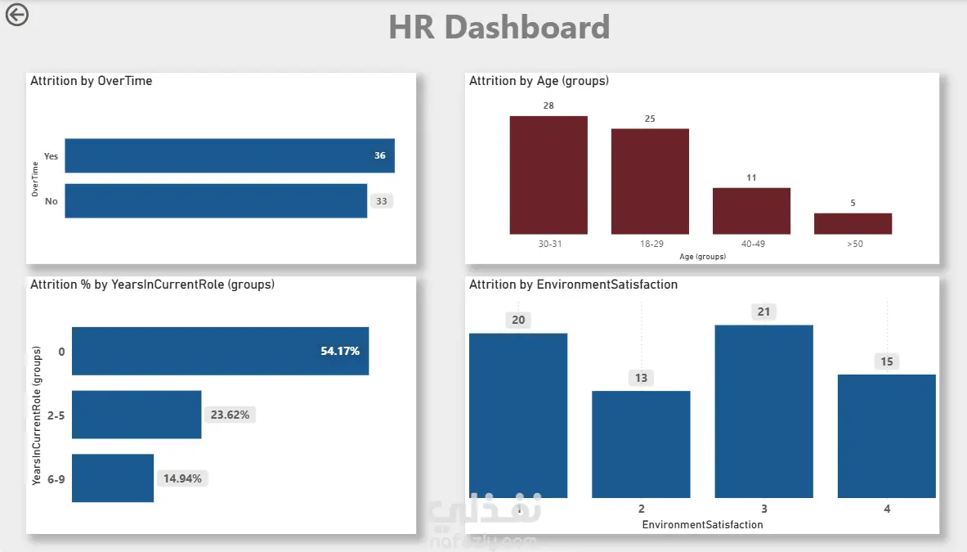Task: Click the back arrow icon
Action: coord(16,15)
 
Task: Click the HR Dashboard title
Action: coord(499,27)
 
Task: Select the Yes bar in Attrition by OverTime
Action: coord(229,155)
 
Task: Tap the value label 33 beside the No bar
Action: coord(381,200)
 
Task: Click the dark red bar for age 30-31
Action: coord(548,175)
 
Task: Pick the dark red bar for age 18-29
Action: coord(650,182)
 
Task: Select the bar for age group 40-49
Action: coord(751,211)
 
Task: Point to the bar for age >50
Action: coord(853,223)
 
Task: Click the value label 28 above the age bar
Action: coord(548,106)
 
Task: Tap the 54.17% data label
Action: coord(340,351)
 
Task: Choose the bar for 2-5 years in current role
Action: coord(137,415)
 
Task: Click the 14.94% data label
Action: coord(182,478)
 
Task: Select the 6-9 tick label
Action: coord(56,478)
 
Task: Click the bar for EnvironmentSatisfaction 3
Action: coord(763,411)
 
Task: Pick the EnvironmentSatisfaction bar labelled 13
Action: coord(641,444)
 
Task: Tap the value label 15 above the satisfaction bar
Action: coord(887,361)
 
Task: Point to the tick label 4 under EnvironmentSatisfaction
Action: coord(887,509)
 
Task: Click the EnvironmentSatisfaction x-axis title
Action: coord(702,524)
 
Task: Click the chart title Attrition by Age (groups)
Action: coord(539,81)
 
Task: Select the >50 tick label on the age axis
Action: coord(854,244)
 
